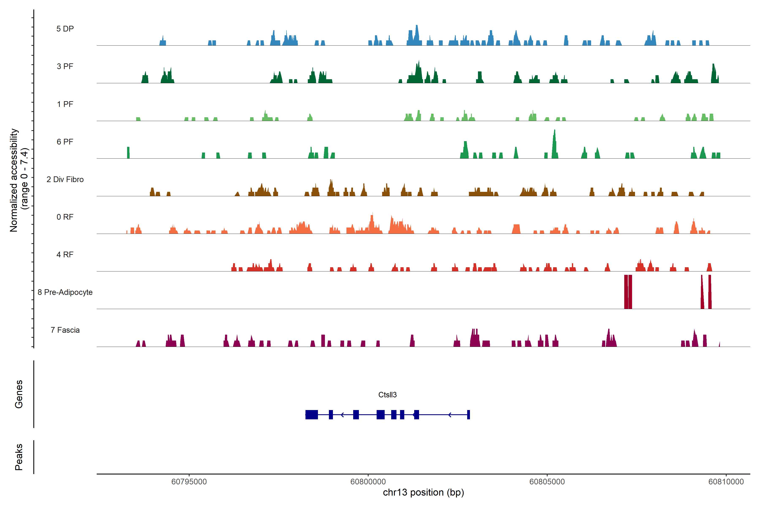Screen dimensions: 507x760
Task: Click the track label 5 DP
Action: tap(65, 29)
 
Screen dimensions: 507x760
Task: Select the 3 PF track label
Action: tap(65, 66)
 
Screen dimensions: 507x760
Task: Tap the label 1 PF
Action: tap(65, 104)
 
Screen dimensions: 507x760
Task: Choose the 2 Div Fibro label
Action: tap(65, 179)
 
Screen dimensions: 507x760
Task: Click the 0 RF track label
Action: tap(65, 217)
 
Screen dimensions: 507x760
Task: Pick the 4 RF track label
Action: tap(65, 255)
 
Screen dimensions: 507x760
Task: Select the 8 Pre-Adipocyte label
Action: tap(65, 292)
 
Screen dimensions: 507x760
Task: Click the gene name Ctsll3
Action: tap(387, 395)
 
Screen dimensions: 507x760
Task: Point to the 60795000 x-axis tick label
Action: tap(189, 482)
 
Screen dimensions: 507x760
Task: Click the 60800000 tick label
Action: tap(368, 482)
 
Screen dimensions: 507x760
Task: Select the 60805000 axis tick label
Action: tap(547, 482)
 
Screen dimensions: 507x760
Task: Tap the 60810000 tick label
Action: tap(726, 482)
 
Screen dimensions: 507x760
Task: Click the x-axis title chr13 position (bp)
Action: tap(423, 492)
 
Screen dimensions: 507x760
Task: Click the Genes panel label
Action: tap(19, 394)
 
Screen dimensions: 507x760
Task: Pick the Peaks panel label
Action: tap(19, 457)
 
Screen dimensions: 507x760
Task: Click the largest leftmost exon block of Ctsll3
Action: tap(312, 414)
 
